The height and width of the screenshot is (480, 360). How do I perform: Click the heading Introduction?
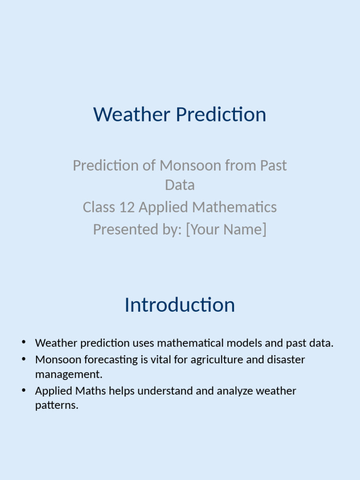(x=180, y=305)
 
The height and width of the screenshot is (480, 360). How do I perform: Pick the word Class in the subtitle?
(x=98, y=207)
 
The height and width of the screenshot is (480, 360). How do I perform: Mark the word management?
(x=68, y=375)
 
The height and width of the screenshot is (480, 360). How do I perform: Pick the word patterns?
(x=56, y=405)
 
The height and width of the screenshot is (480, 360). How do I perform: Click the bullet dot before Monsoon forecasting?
(x=23, y=359)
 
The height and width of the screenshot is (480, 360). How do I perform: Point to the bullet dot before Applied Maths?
(x=23, y=390)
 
